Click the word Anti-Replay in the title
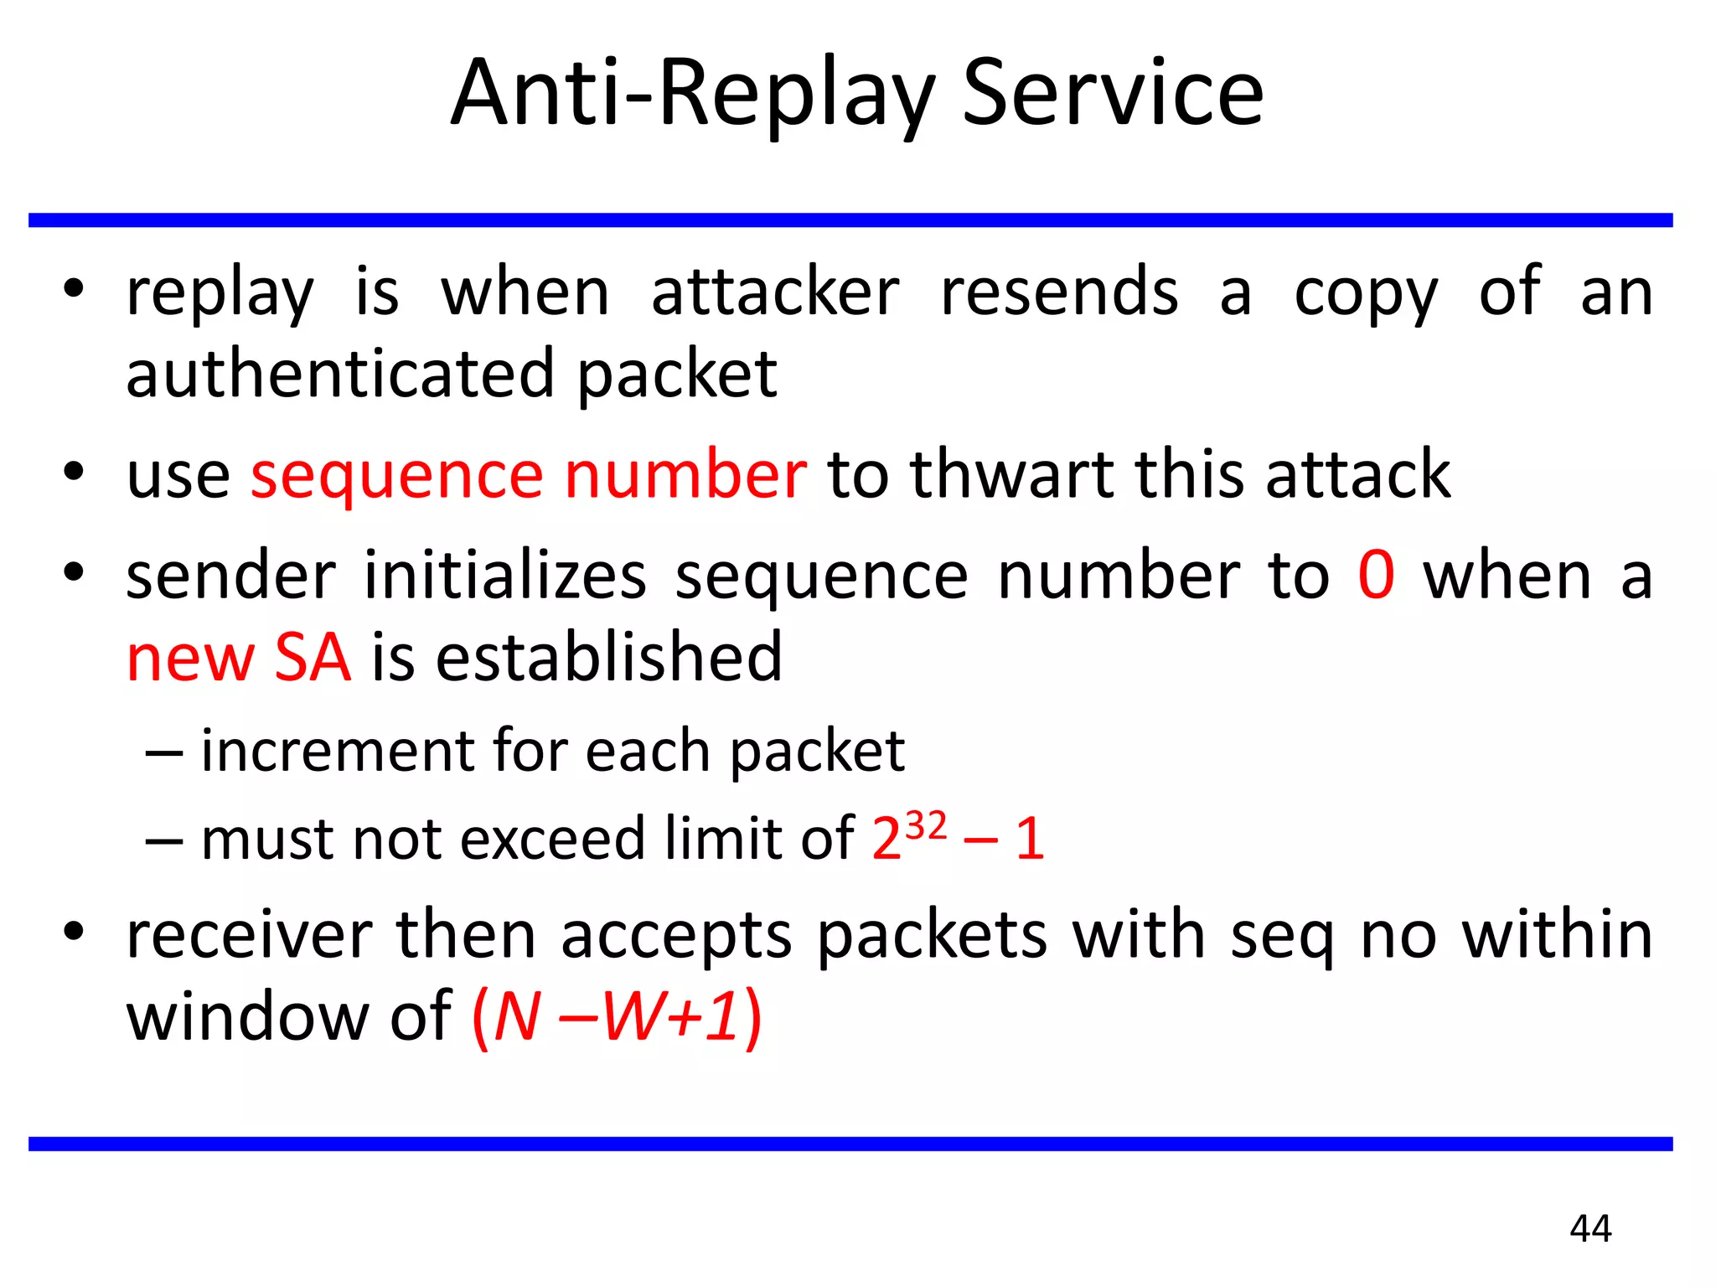coord(692,94)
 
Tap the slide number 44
coord(1590,1228)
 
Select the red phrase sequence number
coord(529,475)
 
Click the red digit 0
coord(1376,576)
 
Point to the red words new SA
coord(239,658)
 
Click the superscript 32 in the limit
coord(926,825)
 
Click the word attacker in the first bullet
coord(775,292)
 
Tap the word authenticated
coord(340,375)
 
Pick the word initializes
coord(505,576)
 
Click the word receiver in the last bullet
coord(249,935)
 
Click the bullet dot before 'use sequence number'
coord(74,472)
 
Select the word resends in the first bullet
coord(1059,292)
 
